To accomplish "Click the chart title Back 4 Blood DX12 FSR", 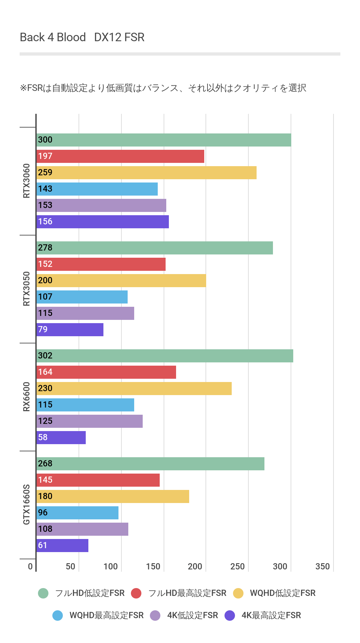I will [x=82, y=37].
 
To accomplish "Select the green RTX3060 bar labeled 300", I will [x=164, y=140].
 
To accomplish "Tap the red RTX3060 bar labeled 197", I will [x=120, y=156].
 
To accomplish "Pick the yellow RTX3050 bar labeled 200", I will [x=121, y=281].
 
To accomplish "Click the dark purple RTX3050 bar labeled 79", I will [x=70, y=330].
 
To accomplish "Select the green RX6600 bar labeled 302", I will [x=165, y=356].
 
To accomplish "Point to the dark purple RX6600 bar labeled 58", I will [x=61, y=438].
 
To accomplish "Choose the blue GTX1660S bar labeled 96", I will [x=78, y=513].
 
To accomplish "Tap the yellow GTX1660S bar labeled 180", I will [x=113, y=496].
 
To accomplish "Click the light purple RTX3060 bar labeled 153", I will [x=101, y=205].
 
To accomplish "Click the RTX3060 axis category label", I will [x=27, y=181].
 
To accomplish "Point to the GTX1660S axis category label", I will [x=27, y=505].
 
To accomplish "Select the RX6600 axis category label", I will [x=27, y=397].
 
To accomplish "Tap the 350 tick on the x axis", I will [x=322, y=566].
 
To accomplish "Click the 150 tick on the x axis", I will [x=153, y=566].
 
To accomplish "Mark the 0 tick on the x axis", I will [x=30, y=566].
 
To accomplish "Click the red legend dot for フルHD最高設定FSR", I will [x=136, y=593].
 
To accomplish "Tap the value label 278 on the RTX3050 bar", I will [x=45, y=248].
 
